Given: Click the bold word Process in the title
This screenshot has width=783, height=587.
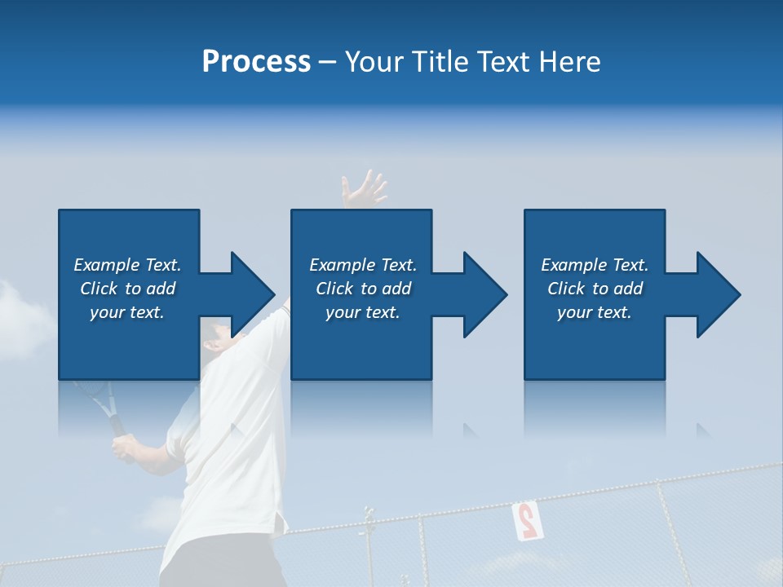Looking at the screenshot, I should (x=256, y=62).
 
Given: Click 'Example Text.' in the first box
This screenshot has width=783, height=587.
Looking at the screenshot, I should (x=127, y=265).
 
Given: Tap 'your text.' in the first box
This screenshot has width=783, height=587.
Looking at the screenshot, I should (x=127, y=312).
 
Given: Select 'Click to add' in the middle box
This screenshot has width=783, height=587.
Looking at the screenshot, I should (x=363, y=289).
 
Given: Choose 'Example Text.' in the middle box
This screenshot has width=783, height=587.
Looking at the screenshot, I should (x=363, y=265).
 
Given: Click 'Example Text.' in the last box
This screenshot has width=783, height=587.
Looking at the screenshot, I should (x=595, y=265).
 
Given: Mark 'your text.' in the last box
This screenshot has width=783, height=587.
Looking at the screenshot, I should (x=595, y=312).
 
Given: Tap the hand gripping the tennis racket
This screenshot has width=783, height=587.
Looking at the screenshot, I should (x=123, y=448).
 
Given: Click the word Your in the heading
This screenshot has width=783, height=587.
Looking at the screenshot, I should (x=373, y=62).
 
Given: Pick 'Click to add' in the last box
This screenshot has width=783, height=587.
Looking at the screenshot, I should (x=595, y=289).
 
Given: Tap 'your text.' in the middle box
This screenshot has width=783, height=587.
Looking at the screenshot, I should (x=363, y=312).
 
